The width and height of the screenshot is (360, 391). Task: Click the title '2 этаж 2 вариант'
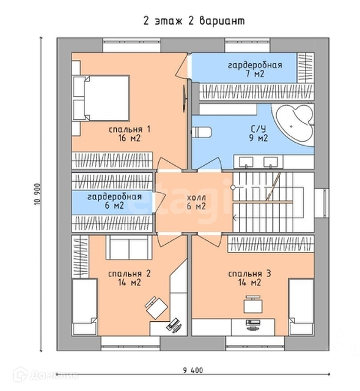[194, 21]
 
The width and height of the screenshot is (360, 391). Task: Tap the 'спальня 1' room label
[130, 130]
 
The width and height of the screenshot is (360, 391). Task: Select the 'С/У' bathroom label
[259, 128]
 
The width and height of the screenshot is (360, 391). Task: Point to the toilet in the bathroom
[202, 132]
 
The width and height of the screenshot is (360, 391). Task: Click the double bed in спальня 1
[101, 98]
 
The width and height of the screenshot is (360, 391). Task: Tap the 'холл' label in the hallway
[196, 198]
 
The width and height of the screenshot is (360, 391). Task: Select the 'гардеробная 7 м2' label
[255, 69]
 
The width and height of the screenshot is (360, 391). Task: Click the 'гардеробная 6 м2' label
[114, 201]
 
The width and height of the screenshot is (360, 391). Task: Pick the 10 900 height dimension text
[37, 194]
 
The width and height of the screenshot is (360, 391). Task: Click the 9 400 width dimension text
[193, 370]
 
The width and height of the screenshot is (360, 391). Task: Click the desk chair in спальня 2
[156, 308]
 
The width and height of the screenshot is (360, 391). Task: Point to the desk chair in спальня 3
[253, 304]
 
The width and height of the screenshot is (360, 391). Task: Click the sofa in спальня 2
[129, 247]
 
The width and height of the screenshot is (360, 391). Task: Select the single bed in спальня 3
[301, 307]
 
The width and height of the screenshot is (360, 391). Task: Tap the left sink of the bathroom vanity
[246, 162]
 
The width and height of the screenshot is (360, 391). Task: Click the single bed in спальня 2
[85, 307]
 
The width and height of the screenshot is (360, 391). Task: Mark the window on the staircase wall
[322, 204]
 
